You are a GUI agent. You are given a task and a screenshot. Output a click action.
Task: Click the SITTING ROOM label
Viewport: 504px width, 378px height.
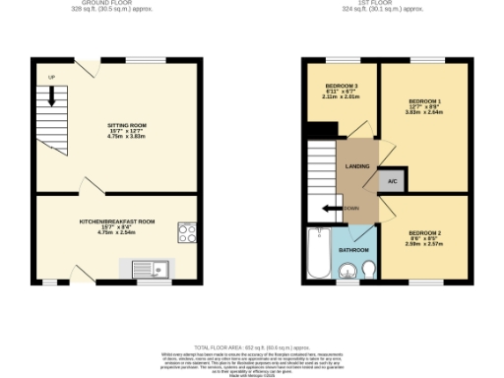click(x=126, y=127)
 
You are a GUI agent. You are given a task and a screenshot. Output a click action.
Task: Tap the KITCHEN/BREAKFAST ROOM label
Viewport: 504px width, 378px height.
click(x=118, y=221)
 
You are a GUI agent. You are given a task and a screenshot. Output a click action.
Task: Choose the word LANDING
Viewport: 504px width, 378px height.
click(x=356, y=165)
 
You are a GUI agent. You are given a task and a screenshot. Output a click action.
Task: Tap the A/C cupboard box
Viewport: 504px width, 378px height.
click(x=391, y=180)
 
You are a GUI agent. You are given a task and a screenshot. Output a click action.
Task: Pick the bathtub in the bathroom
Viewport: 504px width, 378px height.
click(x=318, y=254)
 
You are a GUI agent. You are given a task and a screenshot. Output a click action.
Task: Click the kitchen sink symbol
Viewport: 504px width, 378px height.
click(x=151, y=268)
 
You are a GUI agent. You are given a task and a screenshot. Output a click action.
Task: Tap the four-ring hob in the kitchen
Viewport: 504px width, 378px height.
click(x=186, y=232)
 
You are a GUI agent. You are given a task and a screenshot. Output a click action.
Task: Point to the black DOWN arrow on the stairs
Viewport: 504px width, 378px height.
click(x=331, y=208)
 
